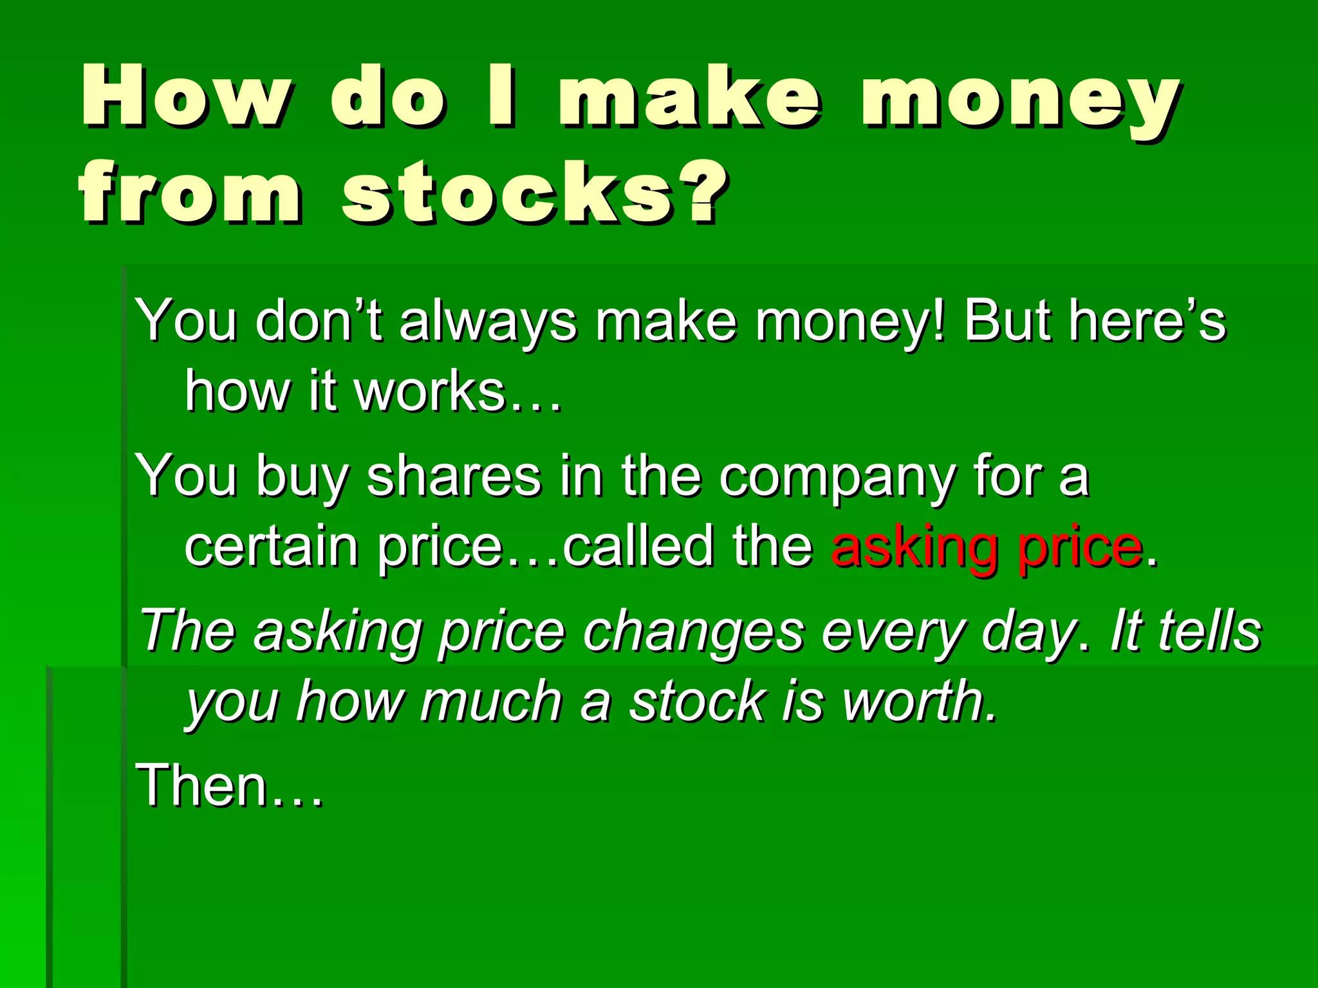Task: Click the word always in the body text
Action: pyautogui.click(x=487, y=322)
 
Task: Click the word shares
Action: pyautogui.click(x=453, y=476)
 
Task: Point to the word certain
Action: pyautogui.click(x=271, y=547)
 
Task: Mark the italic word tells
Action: pyautogui.click(x=1209, y=630)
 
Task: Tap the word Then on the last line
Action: pyautogui.click(x=202, y=785)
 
